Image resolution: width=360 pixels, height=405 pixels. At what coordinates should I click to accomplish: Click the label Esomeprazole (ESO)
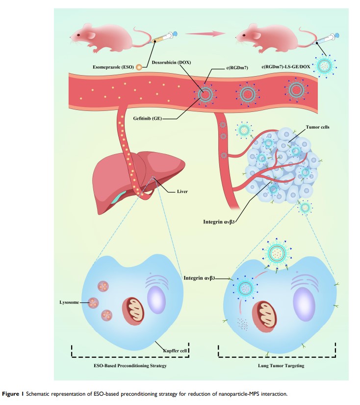click(x=113, y=67)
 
